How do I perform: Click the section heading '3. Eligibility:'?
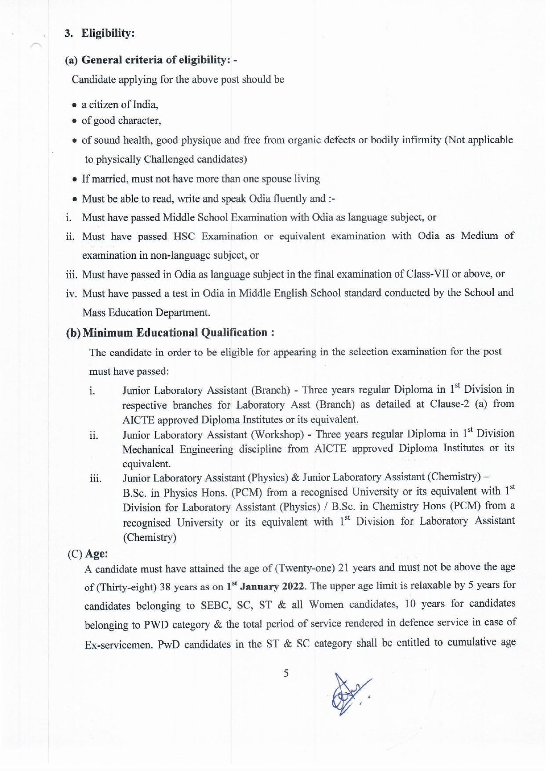[100, 33]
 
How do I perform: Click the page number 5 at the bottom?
[286, 673]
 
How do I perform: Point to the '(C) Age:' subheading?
[87, 554]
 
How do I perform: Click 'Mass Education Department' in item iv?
[146, 312]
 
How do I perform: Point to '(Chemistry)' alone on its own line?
[149, 537]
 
